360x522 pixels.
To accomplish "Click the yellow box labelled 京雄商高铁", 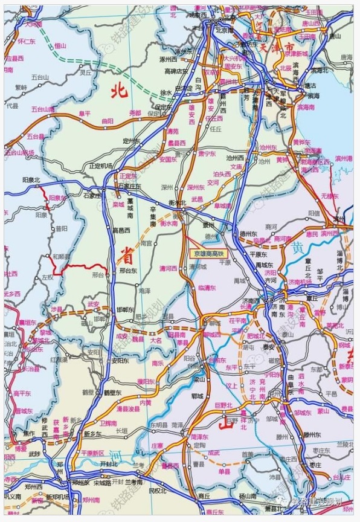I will pos(207,254).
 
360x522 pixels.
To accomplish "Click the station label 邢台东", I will pos(130,270).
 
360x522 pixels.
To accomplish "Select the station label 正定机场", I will pos(100,166).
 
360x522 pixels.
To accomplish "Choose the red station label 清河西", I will pos(168,268).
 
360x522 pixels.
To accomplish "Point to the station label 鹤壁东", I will pos(114,392).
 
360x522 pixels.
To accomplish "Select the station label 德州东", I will pos(248,233).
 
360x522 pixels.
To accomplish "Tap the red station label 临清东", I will pos(207,288).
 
